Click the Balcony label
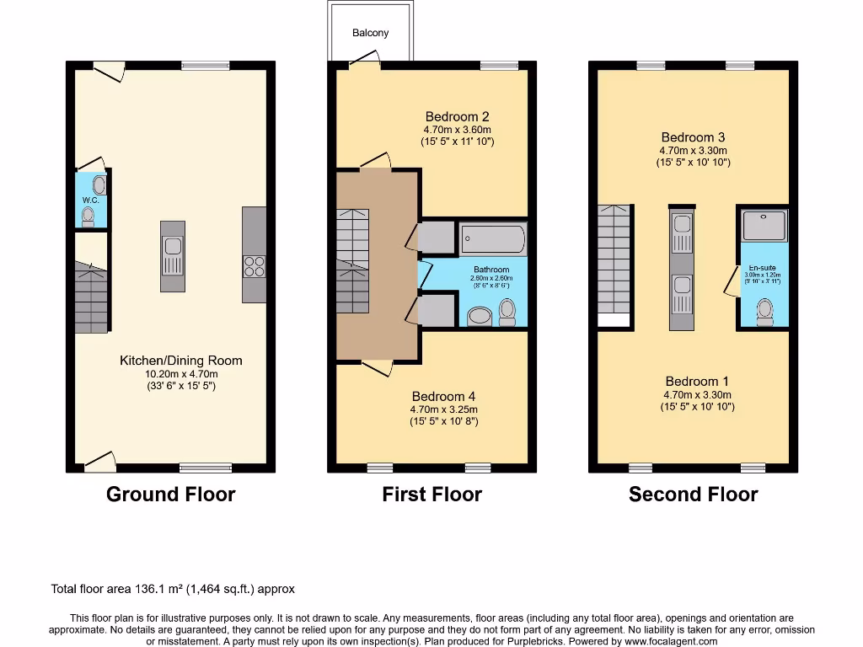tap(371, 33)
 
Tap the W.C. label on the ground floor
tap(91, 200)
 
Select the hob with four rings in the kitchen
tap(254, 266)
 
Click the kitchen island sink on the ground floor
tap(173, 247)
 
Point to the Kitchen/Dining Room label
tap(180, 361)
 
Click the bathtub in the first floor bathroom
tap(492, 238)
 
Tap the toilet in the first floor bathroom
tap(507, 313)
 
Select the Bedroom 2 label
tap(457, 116)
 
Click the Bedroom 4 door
tap(378, 368)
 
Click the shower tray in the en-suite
tap(764, 225)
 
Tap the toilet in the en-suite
tap(765, 312)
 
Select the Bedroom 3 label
tap(693, 136)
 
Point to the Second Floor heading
tap(693, 495)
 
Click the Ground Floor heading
tap(170, 495)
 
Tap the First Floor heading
tap(431, 495)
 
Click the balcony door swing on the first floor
tap(365, 58)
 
